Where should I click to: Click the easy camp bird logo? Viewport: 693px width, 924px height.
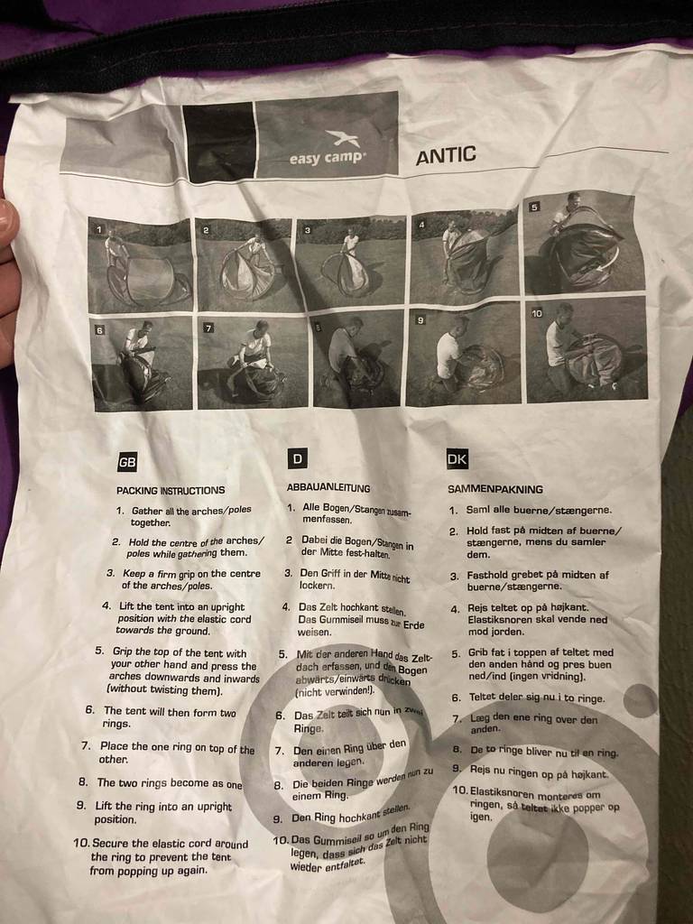[x=342, y=138]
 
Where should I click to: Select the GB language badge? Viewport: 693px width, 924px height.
[x=127, y=462]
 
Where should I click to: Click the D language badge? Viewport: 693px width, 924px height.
[x=298, y=458]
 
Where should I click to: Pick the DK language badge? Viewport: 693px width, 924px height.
[x=457, y=459]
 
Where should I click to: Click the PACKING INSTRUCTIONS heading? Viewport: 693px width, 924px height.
[x=171, y=490]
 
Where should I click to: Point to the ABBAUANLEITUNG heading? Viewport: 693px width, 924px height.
[x=328, y=488]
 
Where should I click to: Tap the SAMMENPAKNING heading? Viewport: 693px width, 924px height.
[x=495, y=489]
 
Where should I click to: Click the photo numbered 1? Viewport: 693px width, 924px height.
[x=140, y=264]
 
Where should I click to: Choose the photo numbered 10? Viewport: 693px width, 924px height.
[x=587, y=350]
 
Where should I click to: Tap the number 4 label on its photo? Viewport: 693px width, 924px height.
[x=422, y=225]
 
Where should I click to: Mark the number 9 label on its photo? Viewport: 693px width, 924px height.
[x=420, y=320]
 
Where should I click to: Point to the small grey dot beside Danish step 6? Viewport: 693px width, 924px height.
[x=640, y=700]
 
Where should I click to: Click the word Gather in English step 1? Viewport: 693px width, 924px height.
[x=147, y=511]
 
